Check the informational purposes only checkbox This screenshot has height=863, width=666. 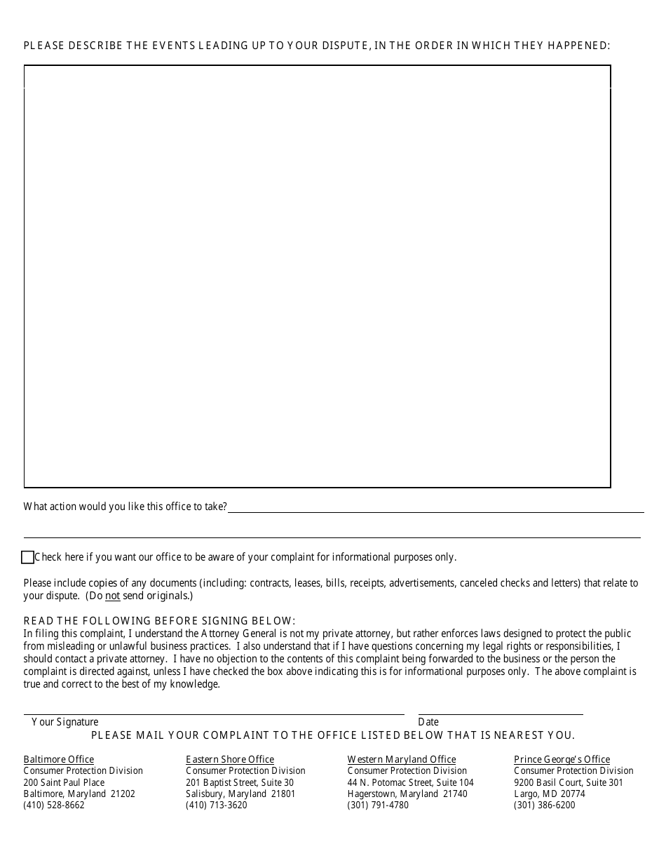[x=28, y=558]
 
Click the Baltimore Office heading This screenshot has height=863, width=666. [x=59, y=759]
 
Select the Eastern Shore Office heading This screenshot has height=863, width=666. [x=230, y=759]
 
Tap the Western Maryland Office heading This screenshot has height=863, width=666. [x=402, y=759]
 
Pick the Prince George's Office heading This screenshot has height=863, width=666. [x=562, y=759]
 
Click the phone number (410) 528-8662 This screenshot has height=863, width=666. [x=54, y=805]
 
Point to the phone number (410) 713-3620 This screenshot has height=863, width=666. [x=217, y=805]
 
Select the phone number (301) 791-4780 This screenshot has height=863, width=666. [x=378, y=805]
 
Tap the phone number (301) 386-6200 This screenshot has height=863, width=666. [x=544, y=805]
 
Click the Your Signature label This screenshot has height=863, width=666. [x=65, y=722]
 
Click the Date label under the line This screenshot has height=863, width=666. [x=428, y=722]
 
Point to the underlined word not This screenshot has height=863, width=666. [x=113, y=596]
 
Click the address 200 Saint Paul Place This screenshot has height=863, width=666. [x=64, y=782]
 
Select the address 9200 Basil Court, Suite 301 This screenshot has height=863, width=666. [x=568, y=782]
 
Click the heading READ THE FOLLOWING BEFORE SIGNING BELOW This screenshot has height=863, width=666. [x=160, y=621]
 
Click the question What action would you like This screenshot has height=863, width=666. [x=125, y=507]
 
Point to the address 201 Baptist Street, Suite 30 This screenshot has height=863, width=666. [x=240, y=782]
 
